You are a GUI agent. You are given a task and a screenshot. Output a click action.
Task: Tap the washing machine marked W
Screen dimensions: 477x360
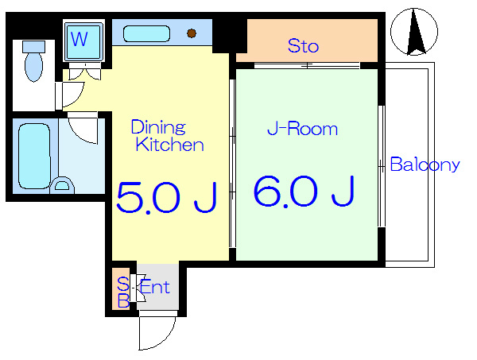point(83,41)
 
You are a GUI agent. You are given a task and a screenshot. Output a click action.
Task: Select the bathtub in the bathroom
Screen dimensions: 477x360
point(34,156)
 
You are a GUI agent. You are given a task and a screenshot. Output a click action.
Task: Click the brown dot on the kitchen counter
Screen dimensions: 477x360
point(192,33)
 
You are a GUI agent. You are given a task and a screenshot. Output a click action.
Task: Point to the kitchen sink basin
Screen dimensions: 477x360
point(146,33)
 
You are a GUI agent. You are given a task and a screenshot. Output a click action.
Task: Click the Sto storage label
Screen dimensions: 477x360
point(304,46)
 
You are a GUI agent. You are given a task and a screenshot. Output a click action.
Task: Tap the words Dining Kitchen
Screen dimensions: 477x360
point(167,136)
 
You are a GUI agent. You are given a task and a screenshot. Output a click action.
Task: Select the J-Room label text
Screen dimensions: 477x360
point(303,129)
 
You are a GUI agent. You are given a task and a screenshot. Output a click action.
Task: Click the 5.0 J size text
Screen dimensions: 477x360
point(167,198)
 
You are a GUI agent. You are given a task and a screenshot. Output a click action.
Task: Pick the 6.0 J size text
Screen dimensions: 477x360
point(304,192)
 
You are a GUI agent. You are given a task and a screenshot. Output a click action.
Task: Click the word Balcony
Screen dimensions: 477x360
point(425,165)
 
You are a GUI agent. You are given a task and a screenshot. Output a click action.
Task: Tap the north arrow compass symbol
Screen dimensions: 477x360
point(414,32)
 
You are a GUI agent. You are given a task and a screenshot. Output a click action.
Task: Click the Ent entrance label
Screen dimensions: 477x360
point(154,287)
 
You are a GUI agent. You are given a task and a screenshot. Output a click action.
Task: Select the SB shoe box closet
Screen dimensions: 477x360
point(121,288)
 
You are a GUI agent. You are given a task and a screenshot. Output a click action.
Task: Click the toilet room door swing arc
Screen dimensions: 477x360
point(78,99)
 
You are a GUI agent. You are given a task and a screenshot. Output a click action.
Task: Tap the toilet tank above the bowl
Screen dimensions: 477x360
point(33,47)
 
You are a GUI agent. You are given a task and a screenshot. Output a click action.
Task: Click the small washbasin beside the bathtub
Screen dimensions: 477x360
point(62,184)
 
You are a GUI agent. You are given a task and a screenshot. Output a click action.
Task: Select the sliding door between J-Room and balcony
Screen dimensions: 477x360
point(382,166)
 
